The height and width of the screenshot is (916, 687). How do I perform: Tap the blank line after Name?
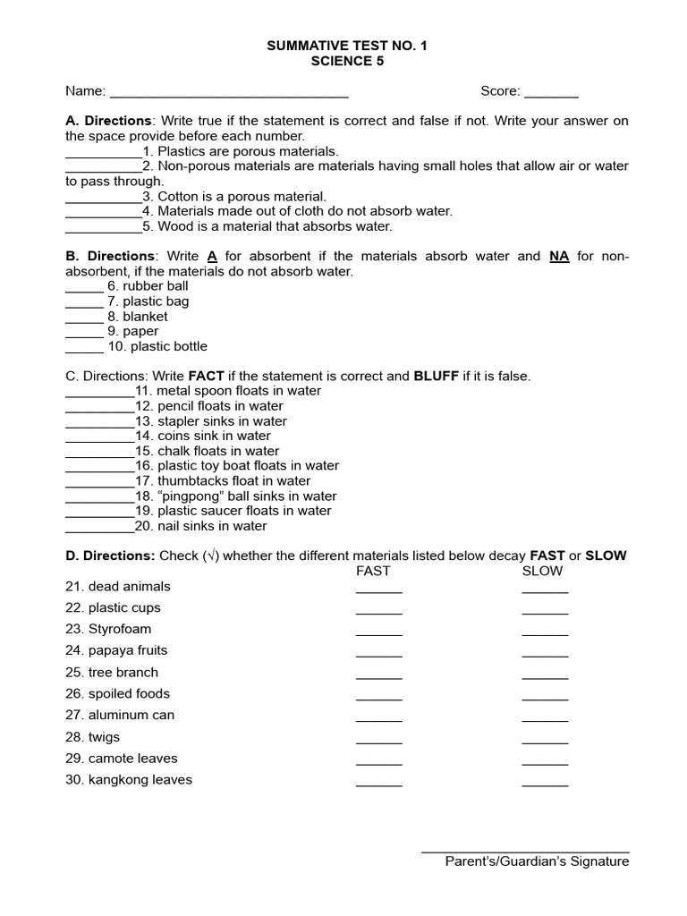(228, 93)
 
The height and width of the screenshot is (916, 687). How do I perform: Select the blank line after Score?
(551, 93)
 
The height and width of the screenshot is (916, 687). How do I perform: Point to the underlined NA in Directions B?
(559, 256)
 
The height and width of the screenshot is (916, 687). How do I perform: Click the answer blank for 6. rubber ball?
(84, 288)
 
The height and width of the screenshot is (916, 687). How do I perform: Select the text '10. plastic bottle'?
(157, 346)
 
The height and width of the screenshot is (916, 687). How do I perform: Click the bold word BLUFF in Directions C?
(436, 377)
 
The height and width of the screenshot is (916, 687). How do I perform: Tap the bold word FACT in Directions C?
(206, 377)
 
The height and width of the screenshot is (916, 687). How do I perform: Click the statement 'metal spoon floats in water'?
(239, 391)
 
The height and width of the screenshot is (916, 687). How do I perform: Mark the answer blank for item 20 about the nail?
(99, 528)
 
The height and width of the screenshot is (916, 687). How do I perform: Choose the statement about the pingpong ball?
(247, 496)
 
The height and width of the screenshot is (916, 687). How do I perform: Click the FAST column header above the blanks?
(373, 571)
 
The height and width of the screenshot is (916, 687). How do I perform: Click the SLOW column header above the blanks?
(542, 571)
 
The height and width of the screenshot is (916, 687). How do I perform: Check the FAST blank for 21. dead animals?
(378, 589)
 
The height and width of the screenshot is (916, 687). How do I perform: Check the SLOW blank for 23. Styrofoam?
(545, 632)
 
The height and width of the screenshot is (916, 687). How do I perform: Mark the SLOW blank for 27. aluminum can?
(545, 718)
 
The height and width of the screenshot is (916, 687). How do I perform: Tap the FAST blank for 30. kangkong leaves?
(378, 783)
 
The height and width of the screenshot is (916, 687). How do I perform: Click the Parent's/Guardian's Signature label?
(537, 861)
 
